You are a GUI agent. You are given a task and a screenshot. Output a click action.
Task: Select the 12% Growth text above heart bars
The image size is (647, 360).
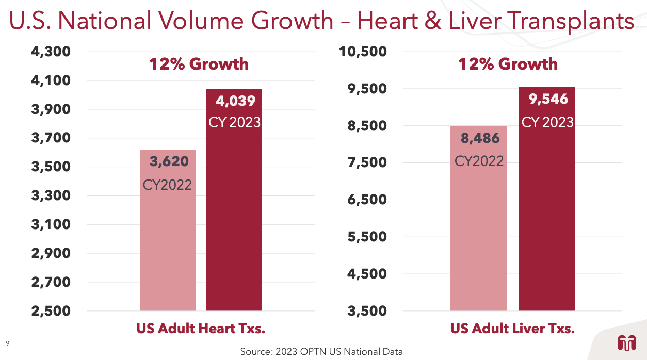(x=199, y=64)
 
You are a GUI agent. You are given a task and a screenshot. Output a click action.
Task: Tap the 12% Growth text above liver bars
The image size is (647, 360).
(x=508, y=64)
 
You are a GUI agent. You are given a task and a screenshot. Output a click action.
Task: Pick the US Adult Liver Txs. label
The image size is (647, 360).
(x=512, y=329)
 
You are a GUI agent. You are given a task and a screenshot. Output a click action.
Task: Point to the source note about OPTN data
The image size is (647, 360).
(x=321, y=352)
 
